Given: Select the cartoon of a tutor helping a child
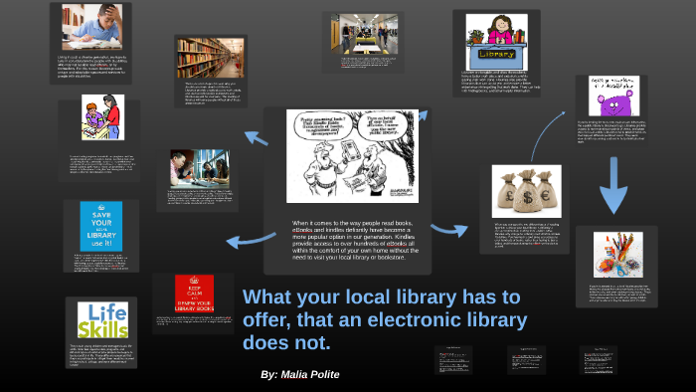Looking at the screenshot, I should click(x=103, y=117).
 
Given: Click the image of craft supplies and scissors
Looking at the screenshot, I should click(x=621, y=255).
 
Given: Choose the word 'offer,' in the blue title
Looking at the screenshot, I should click(x=275, y=320).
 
